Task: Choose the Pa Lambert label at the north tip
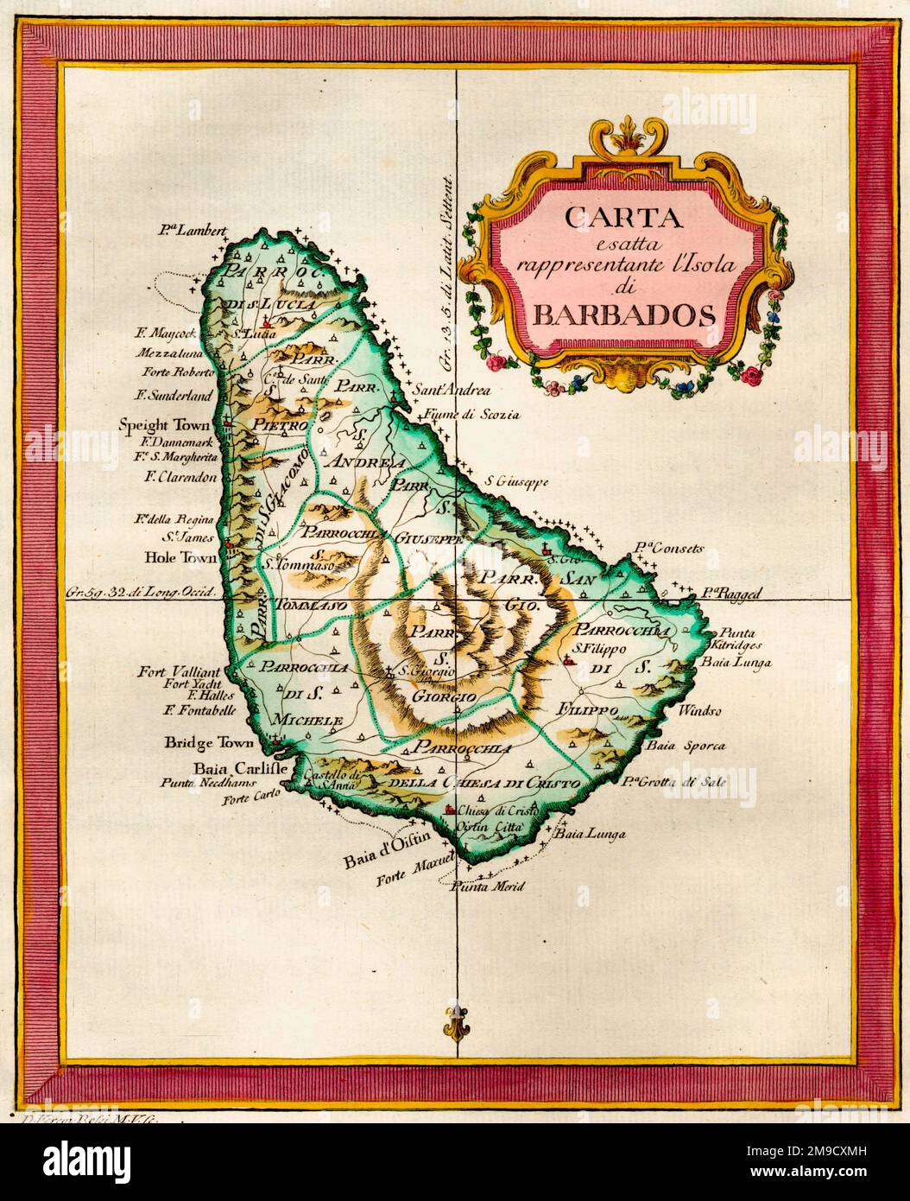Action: pyautogui.click(x=192, y=231)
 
